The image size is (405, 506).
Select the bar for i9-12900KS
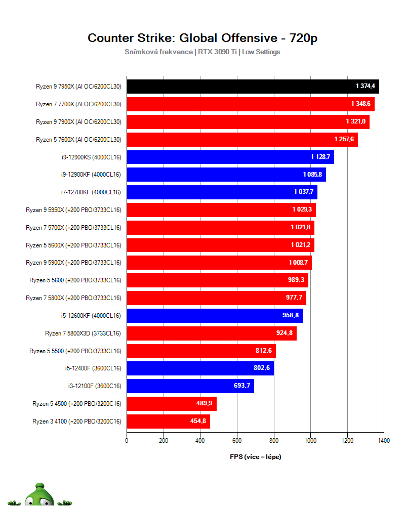[230, 157]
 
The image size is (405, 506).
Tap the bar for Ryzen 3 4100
[168, 421]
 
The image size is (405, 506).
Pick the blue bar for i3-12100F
[190, 386]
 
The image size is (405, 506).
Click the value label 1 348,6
[360, 104]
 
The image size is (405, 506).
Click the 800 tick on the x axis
[274, 441]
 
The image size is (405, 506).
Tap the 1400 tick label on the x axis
[384, 441]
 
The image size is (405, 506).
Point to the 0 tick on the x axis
[127, 441]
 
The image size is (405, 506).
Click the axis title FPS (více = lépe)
[255, 457]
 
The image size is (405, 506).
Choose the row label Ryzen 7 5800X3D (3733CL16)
[83, 333]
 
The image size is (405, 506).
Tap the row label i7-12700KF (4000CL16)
[90, 192]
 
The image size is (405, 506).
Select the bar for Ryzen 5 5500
[201, 351]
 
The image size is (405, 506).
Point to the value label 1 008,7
[299, 263]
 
